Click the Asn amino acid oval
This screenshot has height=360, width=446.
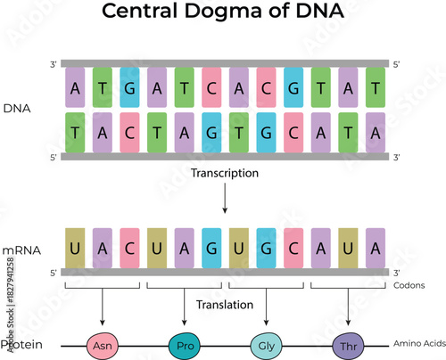tap(103, 344)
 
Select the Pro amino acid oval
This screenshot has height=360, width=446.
tap(185, 344)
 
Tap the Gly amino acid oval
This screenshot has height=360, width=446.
tap(267, 344)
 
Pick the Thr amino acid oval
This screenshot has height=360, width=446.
tap(349, 344)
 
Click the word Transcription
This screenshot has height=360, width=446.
tap(225, 173)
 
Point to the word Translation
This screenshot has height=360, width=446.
tap(225, 303)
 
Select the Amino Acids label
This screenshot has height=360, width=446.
tap(416, 344)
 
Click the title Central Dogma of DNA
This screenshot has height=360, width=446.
tap(223, 14)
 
